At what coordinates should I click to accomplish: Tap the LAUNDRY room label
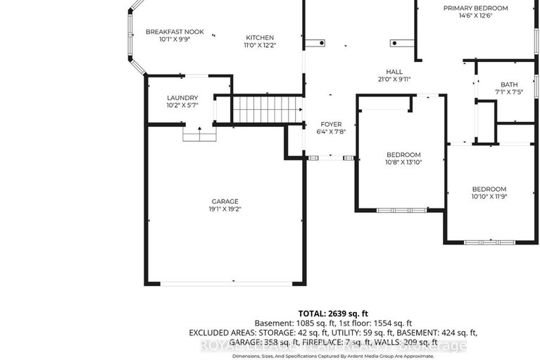coord(182,98)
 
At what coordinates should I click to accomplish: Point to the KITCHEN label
coord(260,38)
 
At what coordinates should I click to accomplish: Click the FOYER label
coord(332,123)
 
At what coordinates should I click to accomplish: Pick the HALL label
coord(394,72)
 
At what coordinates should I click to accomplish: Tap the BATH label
coord(509,85)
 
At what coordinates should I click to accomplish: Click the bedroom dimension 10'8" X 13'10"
coord(403,162)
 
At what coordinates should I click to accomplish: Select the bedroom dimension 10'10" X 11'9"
coord(489,197)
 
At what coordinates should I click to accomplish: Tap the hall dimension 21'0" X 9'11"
coord(394,80)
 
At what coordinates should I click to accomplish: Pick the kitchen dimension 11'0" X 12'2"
coord(260,46)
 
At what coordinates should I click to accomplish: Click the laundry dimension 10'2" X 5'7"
coord(182,106)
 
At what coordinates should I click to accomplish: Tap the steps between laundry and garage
coord(199,134)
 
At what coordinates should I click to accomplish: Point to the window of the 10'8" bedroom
coord(401,210)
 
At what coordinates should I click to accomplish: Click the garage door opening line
coord(225,283)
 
